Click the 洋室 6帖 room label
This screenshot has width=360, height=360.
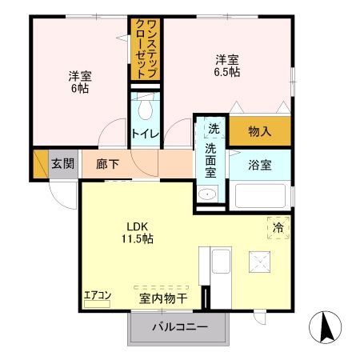(79, 83)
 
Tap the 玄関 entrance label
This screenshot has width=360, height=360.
(63, 164)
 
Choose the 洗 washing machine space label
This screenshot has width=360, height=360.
(213, 129)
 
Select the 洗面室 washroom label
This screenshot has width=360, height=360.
(211, 160)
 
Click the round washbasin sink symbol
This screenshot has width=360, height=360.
(207, 194)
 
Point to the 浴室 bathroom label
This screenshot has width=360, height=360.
(260, 166)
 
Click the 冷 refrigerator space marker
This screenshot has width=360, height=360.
(278, 228)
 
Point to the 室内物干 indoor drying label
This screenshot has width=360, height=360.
(163, 298)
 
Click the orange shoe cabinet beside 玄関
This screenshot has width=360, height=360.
(40, 163)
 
